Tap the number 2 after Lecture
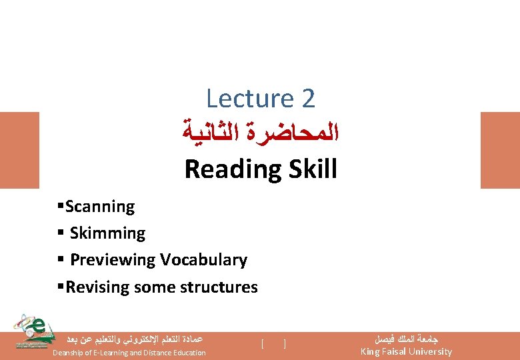click(307, 99)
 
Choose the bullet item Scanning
click(100, 207)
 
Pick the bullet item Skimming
click(107, 233)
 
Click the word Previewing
click(111, 260)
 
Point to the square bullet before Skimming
click(61, 233)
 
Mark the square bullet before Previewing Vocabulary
click(61, 260)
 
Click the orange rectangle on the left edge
click(19, 149)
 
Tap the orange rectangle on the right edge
click(499, 149)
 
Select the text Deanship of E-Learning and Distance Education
click(129, 353)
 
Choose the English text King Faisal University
click(406, 351)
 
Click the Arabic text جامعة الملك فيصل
click(406, 339)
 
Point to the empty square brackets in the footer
click(274, 344)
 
